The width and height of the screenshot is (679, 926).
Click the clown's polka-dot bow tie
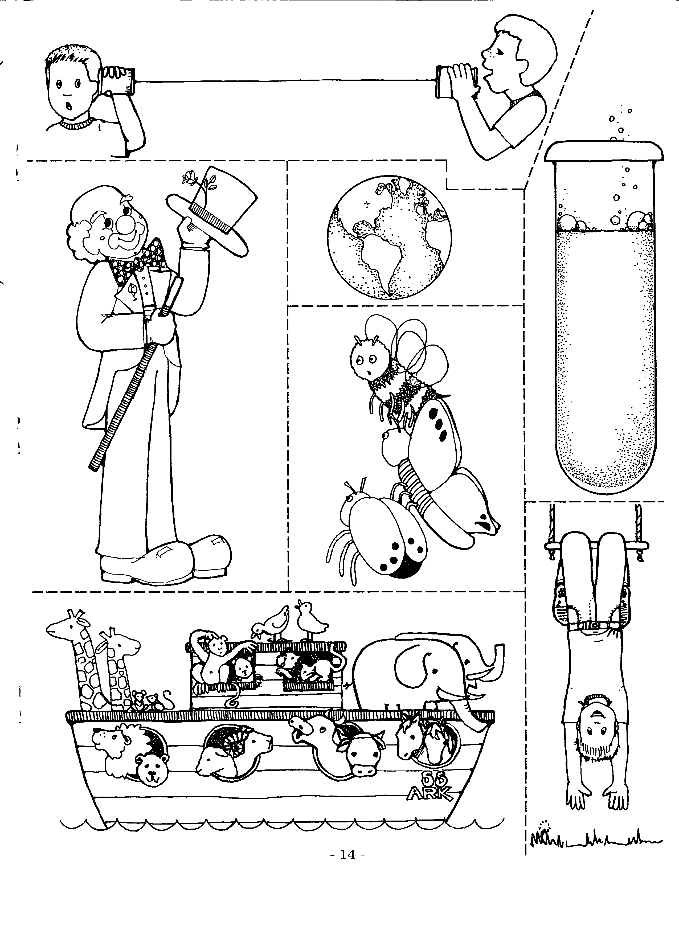point(136,263)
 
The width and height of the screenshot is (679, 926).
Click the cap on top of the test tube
point(604,151)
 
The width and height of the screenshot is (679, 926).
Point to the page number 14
point(347,854)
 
